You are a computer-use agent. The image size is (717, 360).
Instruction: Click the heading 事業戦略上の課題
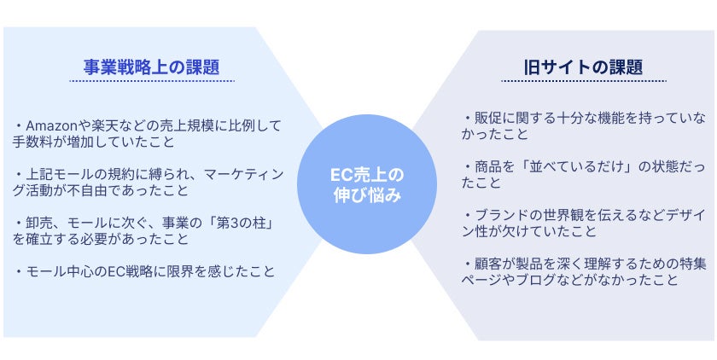pyautogui.click(x=151, y=67)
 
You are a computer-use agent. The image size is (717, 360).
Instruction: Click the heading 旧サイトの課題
pyautogui.click(x=583, y=67)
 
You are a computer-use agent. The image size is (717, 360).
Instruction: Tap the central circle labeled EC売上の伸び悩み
pyautogui.click(x=367, y=184)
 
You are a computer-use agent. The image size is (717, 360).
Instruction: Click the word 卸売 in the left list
pyautogui.click(x=38, y=223)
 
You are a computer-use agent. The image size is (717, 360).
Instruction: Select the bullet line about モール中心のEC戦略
pyautogui.click(x=144, y=272)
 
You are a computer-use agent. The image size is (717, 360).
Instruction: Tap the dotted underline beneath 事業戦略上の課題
pyautogui.click(x=152, y=81)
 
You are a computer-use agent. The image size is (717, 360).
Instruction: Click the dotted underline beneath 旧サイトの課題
pyautogui.click(x=584, y=81)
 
